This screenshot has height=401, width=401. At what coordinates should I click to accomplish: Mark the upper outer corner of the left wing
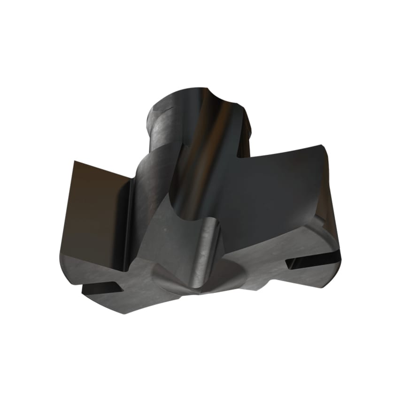(x=75, y=161)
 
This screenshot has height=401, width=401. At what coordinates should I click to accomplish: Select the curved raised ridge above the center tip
(x=207, y=244)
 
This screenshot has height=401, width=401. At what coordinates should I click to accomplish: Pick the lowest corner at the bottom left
(x=123, y=313)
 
